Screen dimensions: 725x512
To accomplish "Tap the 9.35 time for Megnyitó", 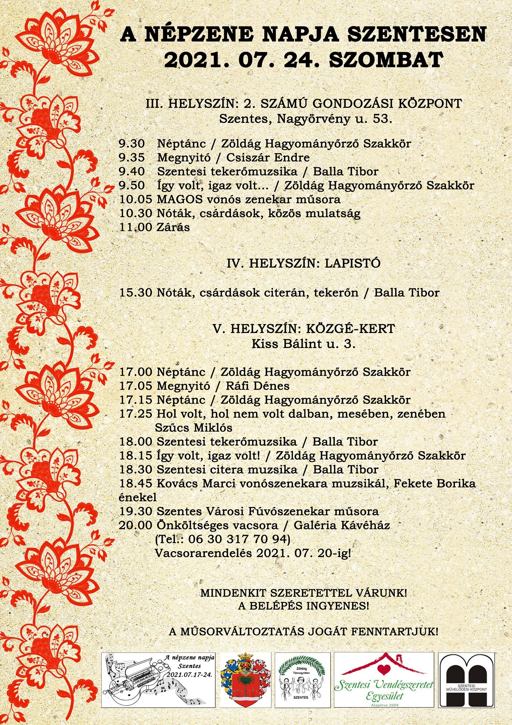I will pos(132,158).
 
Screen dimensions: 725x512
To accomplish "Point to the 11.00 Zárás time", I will pos(136,227).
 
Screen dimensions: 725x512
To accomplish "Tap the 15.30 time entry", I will pos(136,293).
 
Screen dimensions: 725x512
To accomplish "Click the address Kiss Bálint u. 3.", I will pos(303,344).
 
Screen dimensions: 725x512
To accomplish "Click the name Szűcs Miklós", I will pos(194,428).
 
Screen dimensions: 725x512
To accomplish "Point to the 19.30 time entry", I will pos(136,512).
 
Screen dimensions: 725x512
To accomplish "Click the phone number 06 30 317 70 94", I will pos(239,539).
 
